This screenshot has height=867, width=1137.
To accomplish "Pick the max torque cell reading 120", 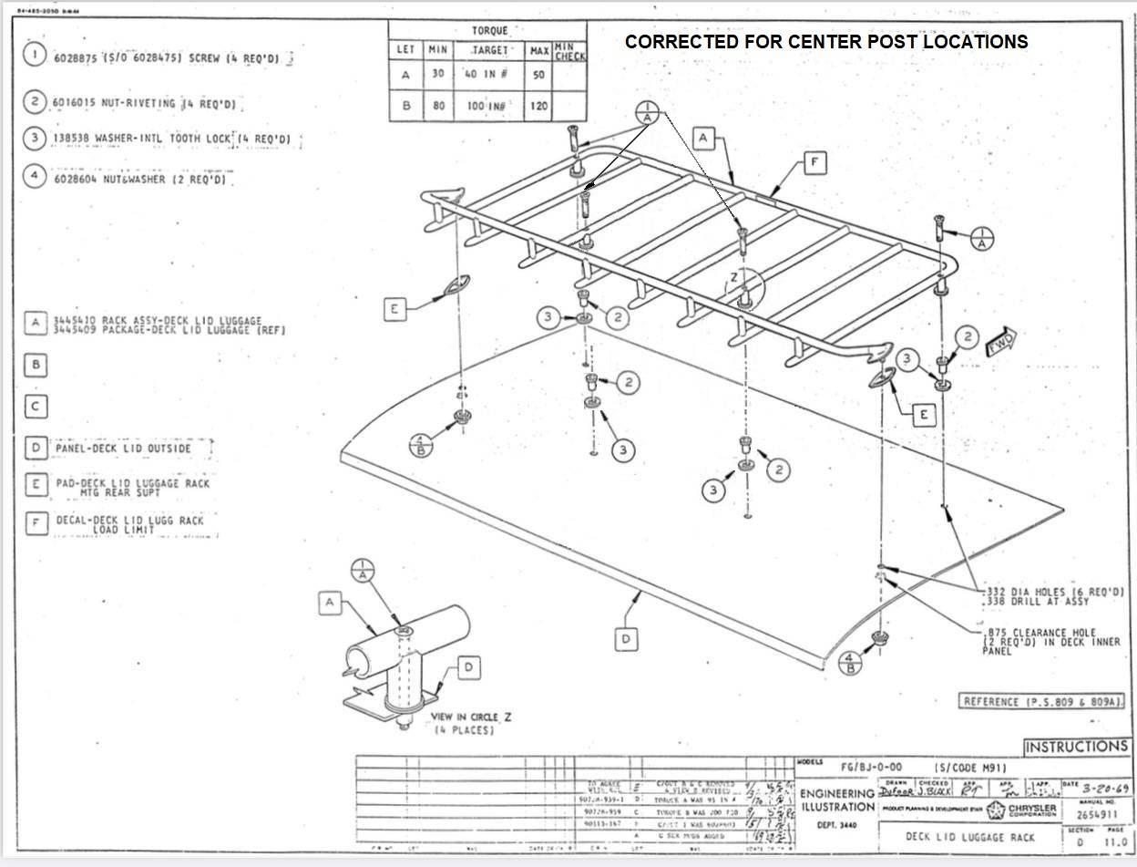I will tap(538, 107).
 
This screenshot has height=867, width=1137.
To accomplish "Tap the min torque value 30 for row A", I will tap(438, 75).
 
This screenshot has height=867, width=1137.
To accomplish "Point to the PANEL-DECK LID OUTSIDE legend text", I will tap(123, 449).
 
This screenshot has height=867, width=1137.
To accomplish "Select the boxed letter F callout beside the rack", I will tap(814, 163).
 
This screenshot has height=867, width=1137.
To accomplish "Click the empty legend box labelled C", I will tap(35, 407).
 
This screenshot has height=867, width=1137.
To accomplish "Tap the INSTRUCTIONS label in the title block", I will tap(1076, 748).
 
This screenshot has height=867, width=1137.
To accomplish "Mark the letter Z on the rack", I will tap(733, 276).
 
